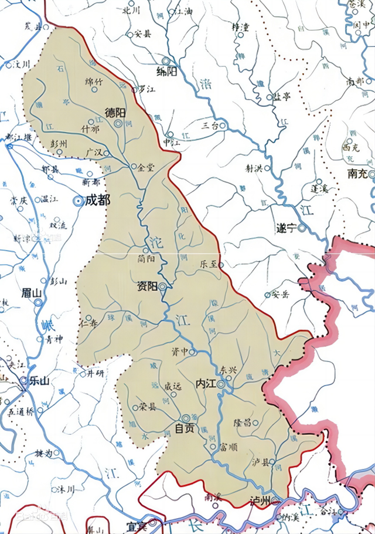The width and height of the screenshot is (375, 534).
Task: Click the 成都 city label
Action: coord(97,200)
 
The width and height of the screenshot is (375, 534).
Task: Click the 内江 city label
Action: coord(205,383)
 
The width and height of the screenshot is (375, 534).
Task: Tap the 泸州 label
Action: coord(259,501)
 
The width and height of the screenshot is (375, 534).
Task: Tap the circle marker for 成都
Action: coord(77,201)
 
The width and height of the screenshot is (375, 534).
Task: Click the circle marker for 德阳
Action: coord(119,124)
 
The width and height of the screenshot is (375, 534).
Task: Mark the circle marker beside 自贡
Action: coord(186,418)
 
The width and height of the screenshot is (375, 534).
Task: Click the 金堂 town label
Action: coord(146,167)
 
